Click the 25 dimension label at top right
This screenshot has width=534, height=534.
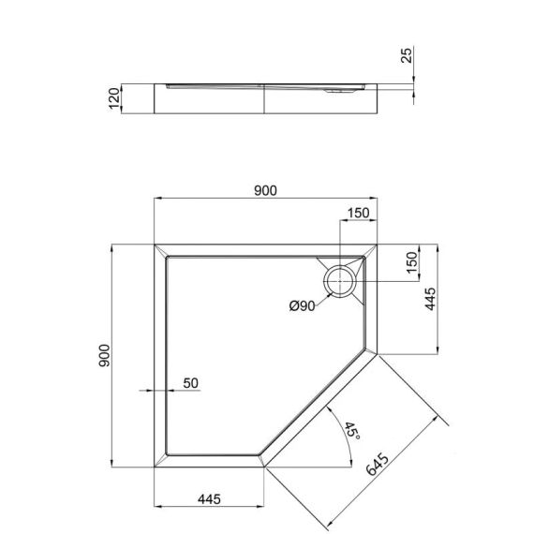405,57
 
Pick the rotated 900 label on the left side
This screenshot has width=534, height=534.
104,356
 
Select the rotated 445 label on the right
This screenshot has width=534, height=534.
428,301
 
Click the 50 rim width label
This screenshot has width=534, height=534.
190,382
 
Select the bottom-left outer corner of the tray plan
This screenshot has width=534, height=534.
154,467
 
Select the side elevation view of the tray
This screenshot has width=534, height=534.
272,97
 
